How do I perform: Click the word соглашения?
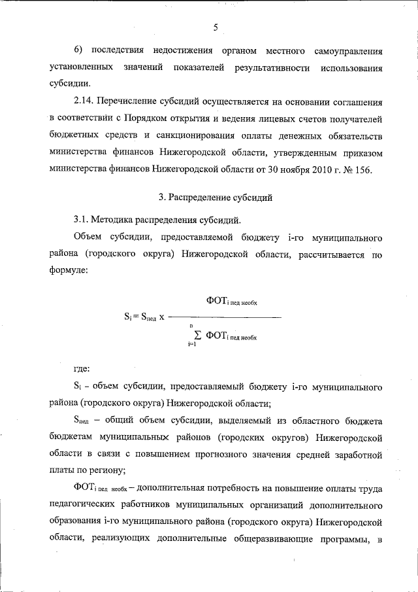352,103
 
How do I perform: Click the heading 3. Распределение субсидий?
216,197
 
